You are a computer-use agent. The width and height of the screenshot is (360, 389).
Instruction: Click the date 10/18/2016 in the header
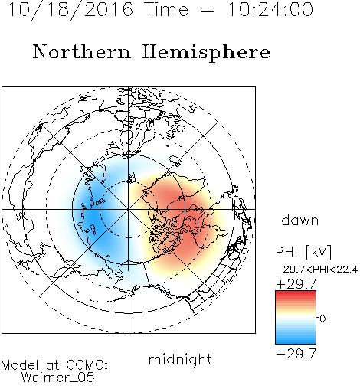[x=70, y=10]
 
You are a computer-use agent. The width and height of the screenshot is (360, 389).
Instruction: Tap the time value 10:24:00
[x=270, y=9]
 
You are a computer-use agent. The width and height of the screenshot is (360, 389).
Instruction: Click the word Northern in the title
[x=82, y=51]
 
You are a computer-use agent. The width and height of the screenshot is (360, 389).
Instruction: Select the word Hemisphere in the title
[x=206, y=53]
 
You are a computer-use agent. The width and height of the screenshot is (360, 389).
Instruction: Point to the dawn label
[x=300, y=220]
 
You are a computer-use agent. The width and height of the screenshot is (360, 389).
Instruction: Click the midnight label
[x=180, y=360]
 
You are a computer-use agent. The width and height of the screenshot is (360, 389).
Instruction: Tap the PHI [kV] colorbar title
[x=303, y=252]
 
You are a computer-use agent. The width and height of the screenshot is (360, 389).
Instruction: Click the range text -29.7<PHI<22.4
[x=316, y=270]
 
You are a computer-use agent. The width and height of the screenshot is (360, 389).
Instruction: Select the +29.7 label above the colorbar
[x=296, y=284]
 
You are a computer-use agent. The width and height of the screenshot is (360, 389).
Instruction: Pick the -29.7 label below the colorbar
[x=296, y=354]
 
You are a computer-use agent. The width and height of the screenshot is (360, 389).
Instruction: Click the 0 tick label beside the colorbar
[x=322, y=319]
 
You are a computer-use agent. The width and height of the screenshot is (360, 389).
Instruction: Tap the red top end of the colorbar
[x=296, y=293]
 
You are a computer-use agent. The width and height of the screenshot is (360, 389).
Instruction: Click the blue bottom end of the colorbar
[x=296, y=342]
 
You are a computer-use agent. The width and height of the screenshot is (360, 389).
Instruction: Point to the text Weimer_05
[x=58, y=378]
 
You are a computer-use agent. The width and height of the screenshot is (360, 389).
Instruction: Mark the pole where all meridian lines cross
[x=129, y=210]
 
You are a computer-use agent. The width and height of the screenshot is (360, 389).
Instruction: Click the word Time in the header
[x=166, y=9]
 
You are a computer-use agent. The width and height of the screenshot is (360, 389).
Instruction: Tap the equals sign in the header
[x=208, y=10]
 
